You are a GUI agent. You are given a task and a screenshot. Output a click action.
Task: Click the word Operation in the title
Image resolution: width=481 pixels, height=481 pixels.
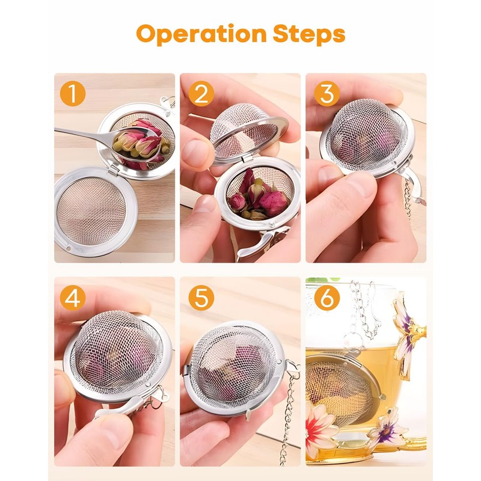(201, 34)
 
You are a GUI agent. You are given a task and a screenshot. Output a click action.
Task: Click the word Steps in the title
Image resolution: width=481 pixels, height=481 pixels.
(309, 34)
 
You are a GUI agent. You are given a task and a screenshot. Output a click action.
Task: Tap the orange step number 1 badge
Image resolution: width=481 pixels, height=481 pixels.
(73, 93)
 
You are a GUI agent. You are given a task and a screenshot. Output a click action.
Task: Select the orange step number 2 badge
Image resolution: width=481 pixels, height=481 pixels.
(201, 93)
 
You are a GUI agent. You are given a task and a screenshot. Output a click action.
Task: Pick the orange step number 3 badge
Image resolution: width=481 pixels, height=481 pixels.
(327, 93)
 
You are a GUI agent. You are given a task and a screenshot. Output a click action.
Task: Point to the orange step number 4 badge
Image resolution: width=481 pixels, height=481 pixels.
(73, 298)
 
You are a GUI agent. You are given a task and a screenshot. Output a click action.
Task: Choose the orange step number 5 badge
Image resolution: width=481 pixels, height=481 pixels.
(201, 298)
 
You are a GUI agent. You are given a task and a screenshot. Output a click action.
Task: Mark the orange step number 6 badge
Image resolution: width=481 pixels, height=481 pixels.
(327, 298)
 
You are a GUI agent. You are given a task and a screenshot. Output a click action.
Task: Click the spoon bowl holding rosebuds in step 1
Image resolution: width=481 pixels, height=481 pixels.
(138, 145)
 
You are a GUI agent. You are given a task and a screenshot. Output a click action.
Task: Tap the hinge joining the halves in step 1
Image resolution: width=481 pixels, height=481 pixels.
(114, 170)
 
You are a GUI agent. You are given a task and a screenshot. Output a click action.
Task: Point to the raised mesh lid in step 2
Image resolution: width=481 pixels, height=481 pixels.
(245, 132)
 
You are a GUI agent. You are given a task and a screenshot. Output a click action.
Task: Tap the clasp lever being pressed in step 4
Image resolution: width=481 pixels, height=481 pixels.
(120, 407)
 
